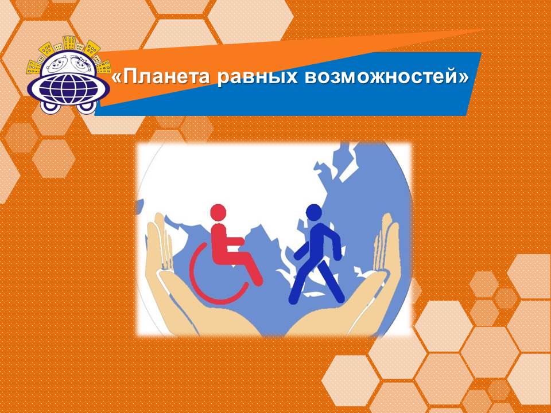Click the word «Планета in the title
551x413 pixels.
coord(160,77)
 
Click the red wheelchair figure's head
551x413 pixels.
coord(218,213)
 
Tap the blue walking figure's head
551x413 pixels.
coord(314,213)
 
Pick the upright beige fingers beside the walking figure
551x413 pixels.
coord(386,242)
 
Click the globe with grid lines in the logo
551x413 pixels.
coord(68,88)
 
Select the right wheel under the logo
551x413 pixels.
coord(87,107)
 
